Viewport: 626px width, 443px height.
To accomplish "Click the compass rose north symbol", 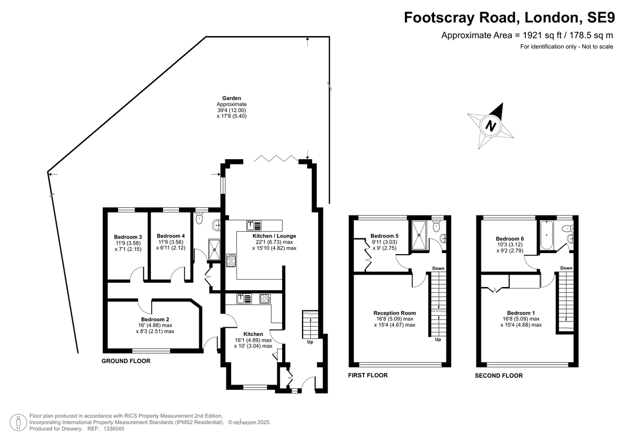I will (x=490, y=126).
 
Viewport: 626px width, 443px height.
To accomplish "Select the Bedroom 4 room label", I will (x=171, y=235).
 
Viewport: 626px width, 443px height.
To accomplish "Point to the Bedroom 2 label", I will (x=155, y=319).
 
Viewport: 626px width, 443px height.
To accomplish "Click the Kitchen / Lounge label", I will (x=267, y=236).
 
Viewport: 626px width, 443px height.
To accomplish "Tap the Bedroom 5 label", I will (x=384, y=236).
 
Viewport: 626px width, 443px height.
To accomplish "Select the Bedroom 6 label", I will (x=510, y=238).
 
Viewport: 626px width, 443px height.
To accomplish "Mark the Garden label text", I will (x=231, y=98).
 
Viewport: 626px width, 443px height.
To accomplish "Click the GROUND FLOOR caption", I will (x=126, y=361).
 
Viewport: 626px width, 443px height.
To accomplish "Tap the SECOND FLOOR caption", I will (x=498, y=376).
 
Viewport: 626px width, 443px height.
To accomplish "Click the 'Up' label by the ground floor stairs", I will (x=310, y=343).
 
